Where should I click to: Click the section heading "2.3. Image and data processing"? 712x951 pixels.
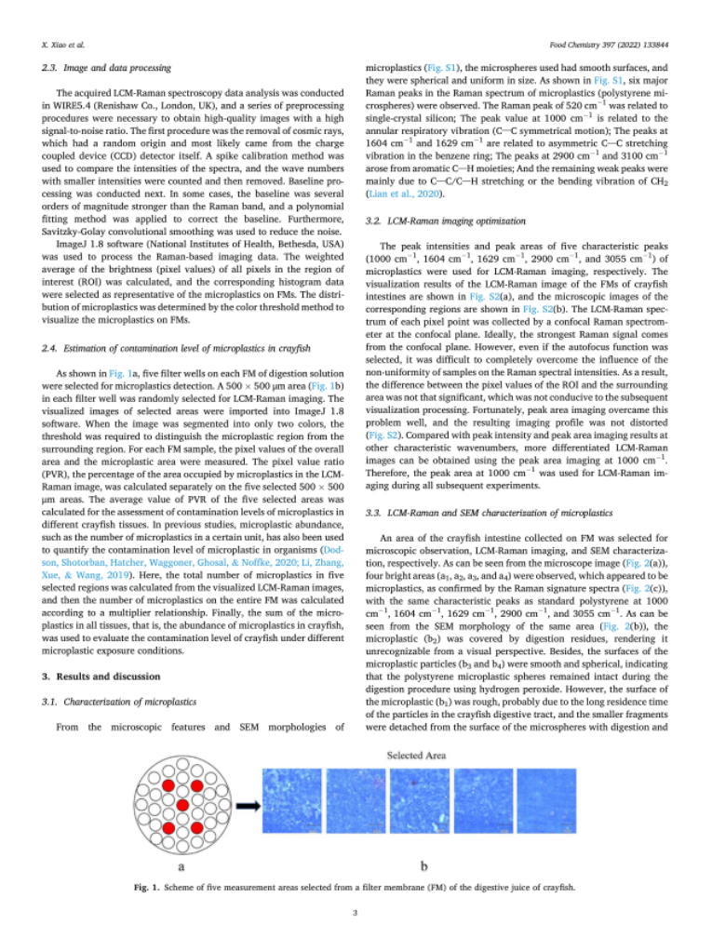tap(99, 69)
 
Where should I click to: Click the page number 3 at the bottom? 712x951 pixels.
tap(355, 912)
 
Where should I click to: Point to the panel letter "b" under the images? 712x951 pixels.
tap(423, 865)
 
